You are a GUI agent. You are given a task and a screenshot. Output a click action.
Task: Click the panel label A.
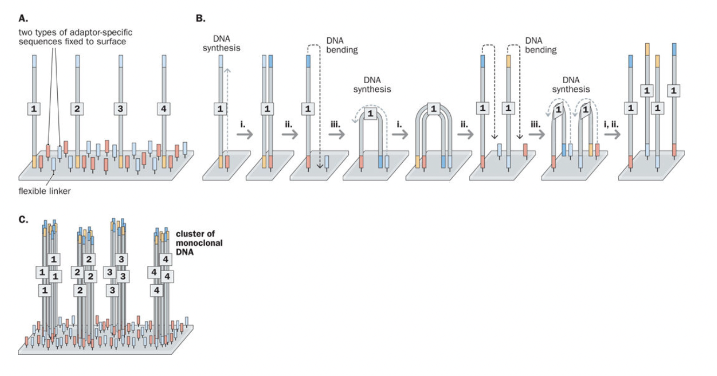point(23,18)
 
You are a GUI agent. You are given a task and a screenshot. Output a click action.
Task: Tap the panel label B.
point(200,18)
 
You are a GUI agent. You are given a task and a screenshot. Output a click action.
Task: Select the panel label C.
point(23,220)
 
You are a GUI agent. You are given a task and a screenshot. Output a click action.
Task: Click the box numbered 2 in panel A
point(77,109)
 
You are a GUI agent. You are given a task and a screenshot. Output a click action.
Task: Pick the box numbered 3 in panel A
point(120,109)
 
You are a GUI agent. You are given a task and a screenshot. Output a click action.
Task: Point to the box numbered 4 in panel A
point(164,109)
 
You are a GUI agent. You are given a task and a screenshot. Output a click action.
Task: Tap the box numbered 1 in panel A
point(34,109)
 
